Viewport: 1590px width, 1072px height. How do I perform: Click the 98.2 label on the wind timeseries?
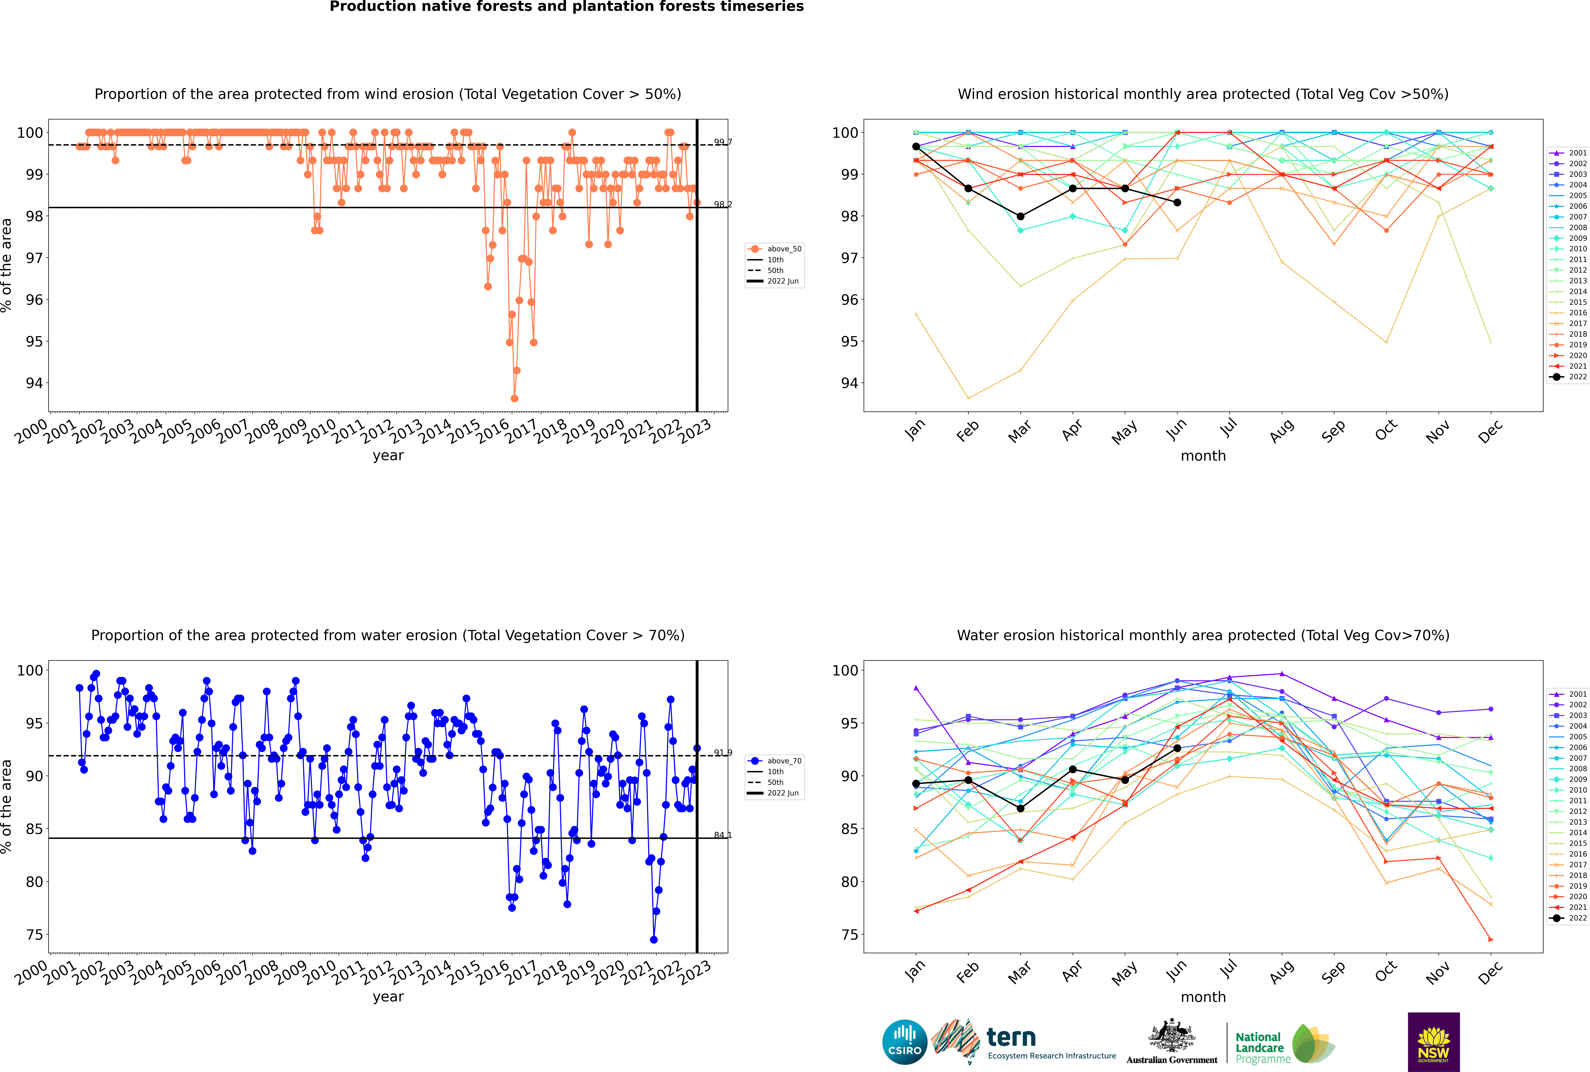click(x=722, y=204)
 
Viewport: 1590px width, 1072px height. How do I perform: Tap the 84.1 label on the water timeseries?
click(x=722, y=835)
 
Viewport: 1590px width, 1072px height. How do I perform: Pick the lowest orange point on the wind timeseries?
click(x=514, y=398)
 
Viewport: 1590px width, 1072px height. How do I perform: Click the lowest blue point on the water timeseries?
click(x=653, y=939)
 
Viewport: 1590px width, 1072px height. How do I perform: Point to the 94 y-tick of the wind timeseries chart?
click(x=34, y=383)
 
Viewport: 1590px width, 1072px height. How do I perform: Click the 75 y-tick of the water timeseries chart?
click(x=34, y=935)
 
